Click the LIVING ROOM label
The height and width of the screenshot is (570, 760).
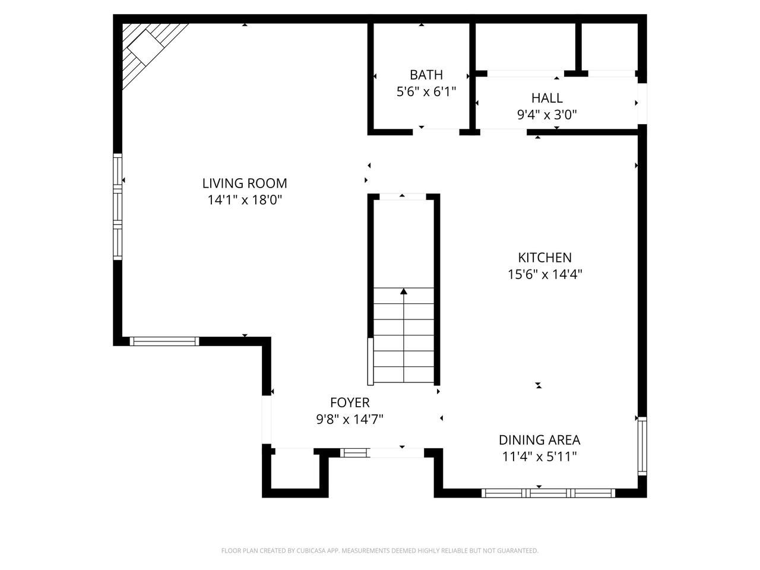click(x=245, y=183)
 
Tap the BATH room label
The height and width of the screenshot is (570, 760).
click(x=426, y=75)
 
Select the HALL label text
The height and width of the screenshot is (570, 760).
click(x=547, y=98)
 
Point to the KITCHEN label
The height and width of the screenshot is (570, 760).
click(x=544, y=258)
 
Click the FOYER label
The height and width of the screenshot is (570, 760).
click(x=350, y=403)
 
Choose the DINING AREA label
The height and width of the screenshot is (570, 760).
click(x=540, y=440)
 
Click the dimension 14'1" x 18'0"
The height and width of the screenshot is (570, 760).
click(x=245, y=200)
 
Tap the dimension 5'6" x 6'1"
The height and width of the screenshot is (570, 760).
click(x=426, y=91)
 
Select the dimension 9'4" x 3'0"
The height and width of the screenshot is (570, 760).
click(x=547, y=115)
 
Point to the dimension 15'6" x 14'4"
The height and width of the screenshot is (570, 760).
click(x=544, y=274)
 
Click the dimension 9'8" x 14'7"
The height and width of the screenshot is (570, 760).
click(x=350, y=419)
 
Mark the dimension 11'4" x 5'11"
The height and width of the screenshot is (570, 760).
click(x=540, y=457)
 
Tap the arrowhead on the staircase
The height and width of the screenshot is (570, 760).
click(x=403, y=292)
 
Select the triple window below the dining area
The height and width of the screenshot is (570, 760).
click(x=549, y=493)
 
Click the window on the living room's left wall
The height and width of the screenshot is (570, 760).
click(x=118, y=207)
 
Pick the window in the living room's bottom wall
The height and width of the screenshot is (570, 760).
click(x=164, y=341)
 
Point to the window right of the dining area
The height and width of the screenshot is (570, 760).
click(x=642, y=446)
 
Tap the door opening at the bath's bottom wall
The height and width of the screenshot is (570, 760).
click(x=436, y=132)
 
